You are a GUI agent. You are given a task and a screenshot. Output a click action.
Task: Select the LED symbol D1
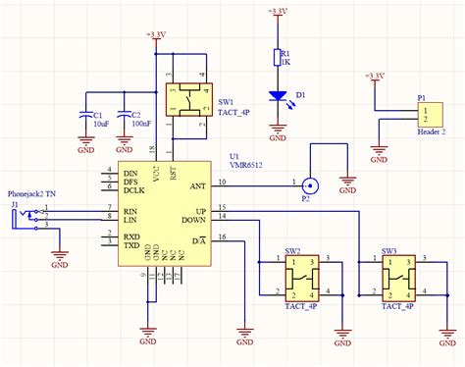(278, 96)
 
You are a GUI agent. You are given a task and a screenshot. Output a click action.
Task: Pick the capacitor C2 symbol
(125, 116)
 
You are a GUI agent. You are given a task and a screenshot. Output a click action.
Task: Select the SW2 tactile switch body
(300, 278)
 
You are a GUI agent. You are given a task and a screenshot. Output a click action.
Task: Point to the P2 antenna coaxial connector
(310, 183)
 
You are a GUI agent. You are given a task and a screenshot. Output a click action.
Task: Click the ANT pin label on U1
(197, 183)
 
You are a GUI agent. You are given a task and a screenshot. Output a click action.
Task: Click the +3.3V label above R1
(278, 11)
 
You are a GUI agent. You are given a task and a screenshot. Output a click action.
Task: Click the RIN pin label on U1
(129, 209)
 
